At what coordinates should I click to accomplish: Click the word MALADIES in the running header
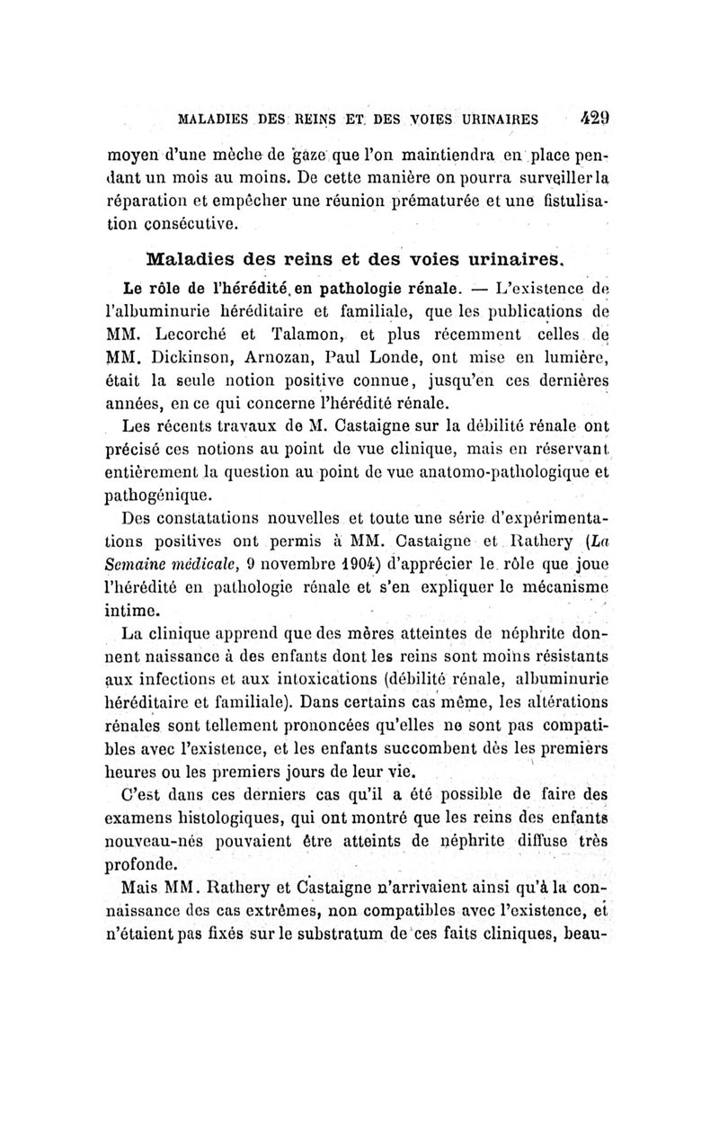217,117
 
